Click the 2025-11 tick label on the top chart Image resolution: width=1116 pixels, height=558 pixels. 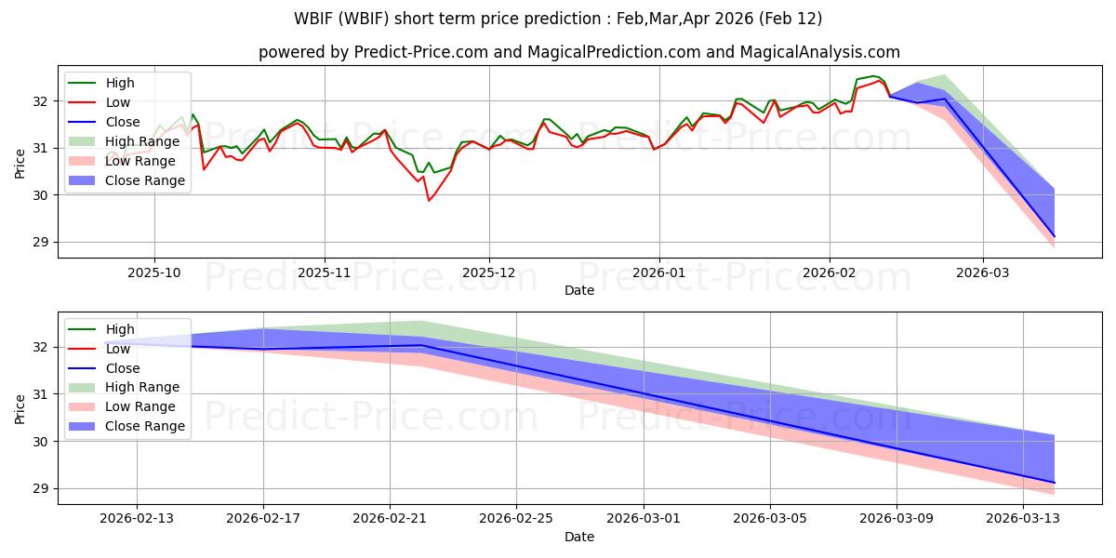325,272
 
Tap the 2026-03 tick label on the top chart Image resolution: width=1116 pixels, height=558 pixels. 983,272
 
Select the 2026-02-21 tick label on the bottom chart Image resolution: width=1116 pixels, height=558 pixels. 390,519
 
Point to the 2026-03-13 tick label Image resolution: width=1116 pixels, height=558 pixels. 1023,519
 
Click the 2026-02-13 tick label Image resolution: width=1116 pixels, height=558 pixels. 137,519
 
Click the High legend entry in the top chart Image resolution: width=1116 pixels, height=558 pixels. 120,83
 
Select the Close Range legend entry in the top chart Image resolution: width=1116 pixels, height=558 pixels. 145,180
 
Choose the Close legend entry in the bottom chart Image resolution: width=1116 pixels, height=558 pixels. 123,367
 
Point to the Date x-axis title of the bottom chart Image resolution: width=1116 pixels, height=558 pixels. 579,537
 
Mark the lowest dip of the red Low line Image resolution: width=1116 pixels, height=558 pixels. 429,200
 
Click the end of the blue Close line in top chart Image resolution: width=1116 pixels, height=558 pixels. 1055,236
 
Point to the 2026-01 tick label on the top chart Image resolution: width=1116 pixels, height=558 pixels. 659,272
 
